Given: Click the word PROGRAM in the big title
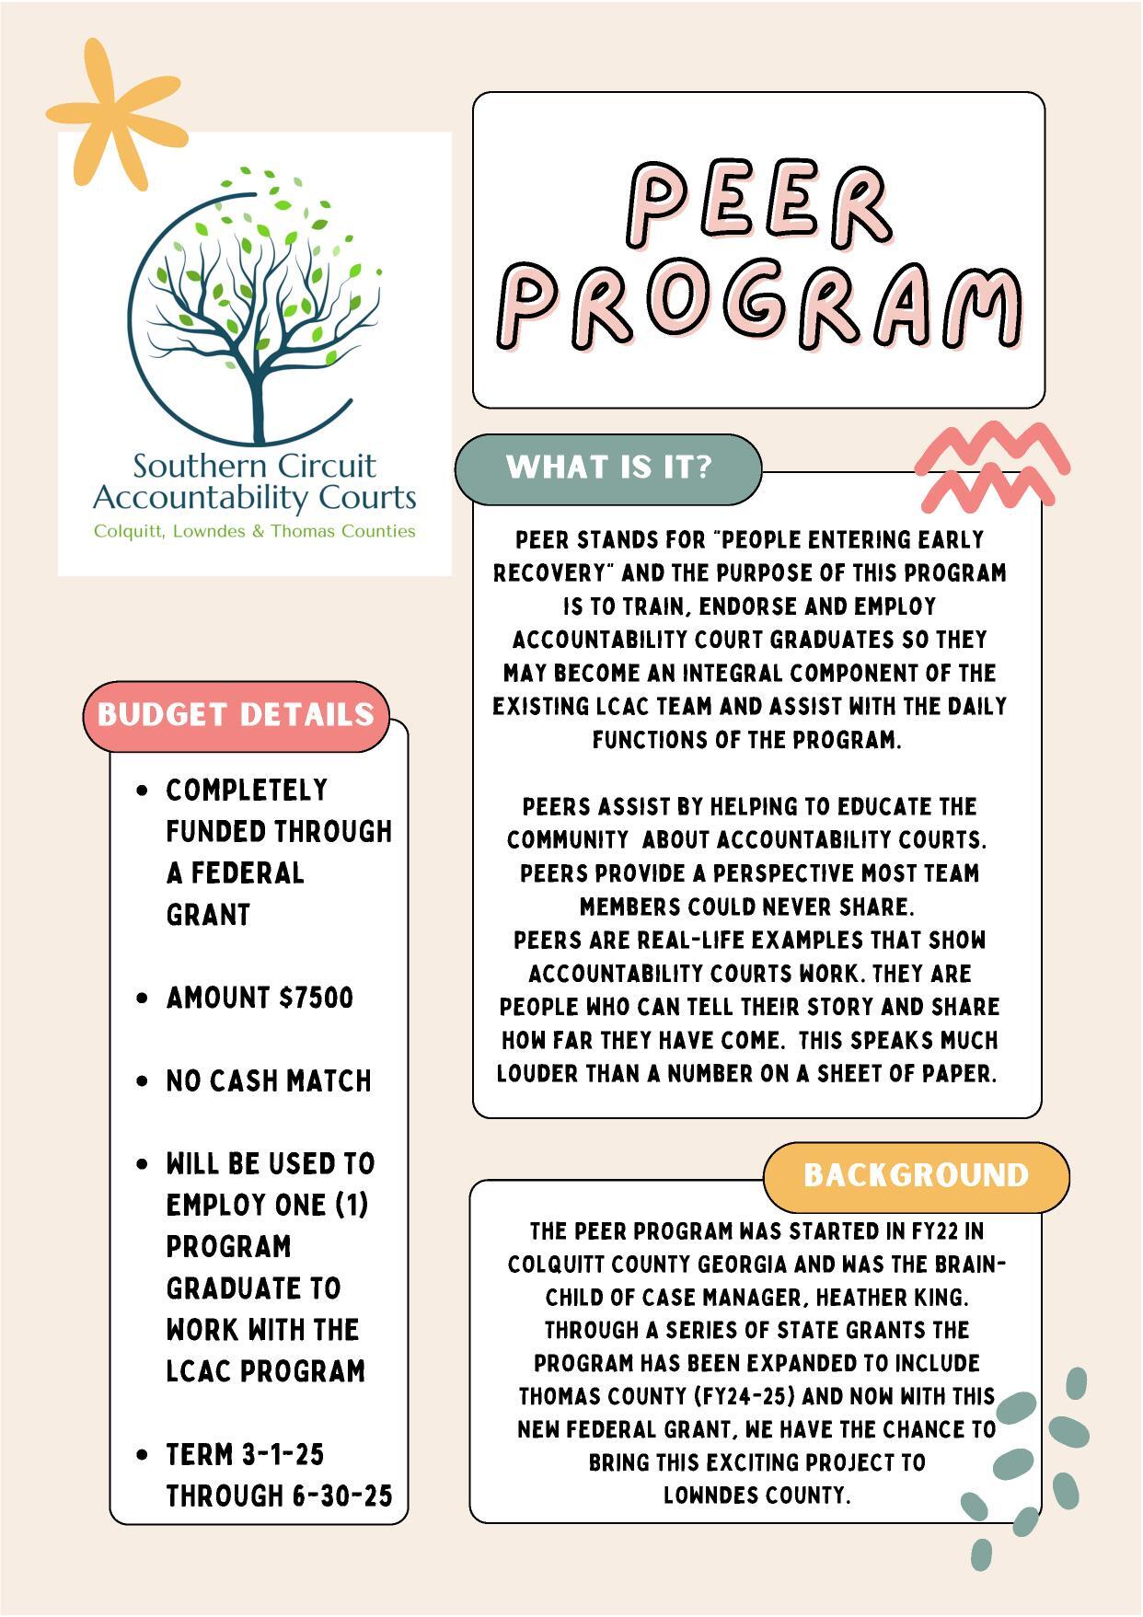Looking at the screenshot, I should click(760, 305).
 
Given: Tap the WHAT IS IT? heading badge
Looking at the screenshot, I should click(608, 468).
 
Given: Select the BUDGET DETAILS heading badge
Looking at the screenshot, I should click(236, 715).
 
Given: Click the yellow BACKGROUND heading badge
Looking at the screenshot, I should click(916, 1175).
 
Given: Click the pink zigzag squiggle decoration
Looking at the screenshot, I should click(992, 465).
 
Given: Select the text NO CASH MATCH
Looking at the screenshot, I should click(269, 1080).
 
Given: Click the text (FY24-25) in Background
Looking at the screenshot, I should click(744, 1397).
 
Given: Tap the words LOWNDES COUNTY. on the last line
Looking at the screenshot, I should click(756, 1496).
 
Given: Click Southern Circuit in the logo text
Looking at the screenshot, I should click(254, 466).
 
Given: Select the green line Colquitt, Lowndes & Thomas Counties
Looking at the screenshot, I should click(254, 532).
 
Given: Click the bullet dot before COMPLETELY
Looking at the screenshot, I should click(142, 791).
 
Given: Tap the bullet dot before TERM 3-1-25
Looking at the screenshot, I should click(142, 1455).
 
